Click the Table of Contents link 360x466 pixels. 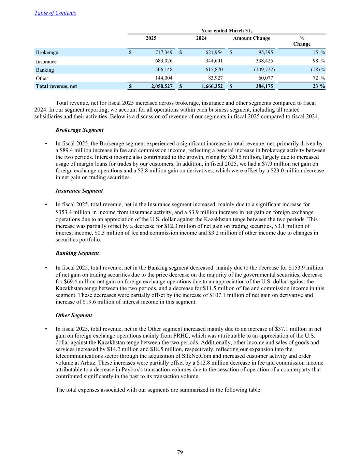click(55, 13)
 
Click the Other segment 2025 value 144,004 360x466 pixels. click(164, 78)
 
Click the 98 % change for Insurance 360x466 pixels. click(318, 61)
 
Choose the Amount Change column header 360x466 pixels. click(251, 38)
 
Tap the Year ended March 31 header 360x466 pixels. click(226, 31)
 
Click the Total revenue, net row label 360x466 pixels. click(56, 86)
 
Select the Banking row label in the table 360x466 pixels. click(45, 70)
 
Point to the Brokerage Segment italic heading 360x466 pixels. click(80, 130)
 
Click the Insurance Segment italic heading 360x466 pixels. click(79, 191)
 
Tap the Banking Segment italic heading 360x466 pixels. click(77, 253)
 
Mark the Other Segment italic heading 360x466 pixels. click(74, 315)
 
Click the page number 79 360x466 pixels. click(180, 452)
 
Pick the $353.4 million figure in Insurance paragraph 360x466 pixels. click(73, 212)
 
